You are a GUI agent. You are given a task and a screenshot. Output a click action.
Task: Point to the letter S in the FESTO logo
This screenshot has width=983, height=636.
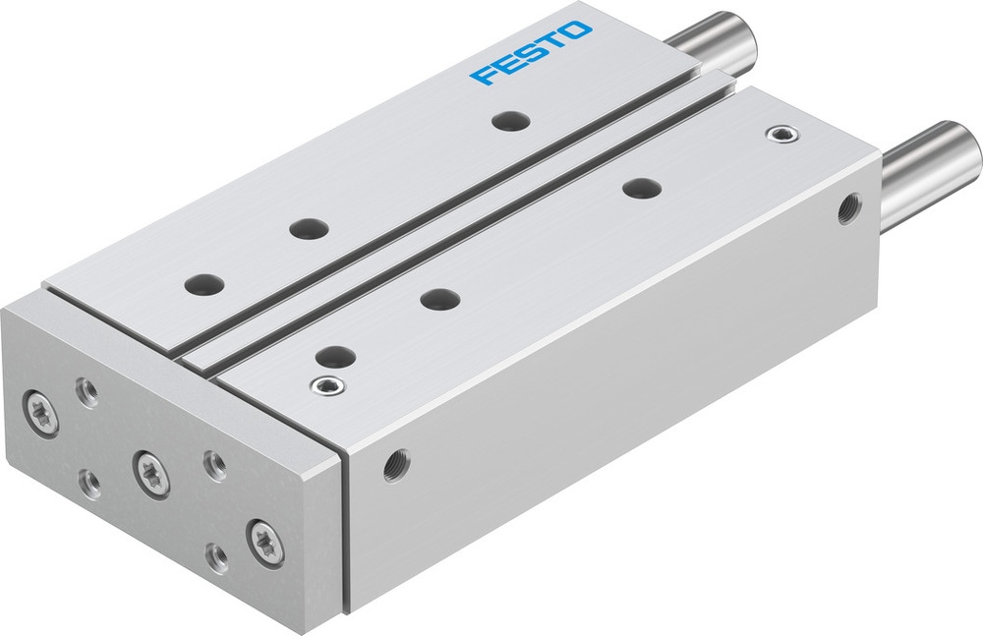click(x=531, y=53)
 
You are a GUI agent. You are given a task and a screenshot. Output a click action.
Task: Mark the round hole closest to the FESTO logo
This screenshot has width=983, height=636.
click(x=511, y=121)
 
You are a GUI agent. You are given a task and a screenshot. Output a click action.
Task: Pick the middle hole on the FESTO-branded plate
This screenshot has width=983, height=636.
click(x=309, y=228)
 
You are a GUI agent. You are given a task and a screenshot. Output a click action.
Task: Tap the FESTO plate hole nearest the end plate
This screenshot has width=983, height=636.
click(x=204, y=284)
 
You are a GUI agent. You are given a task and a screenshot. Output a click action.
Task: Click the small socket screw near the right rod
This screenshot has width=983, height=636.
click(x=781, y=133)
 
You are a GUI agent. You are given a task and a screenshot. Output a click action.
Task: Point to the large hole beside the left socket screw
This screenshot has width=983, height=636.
click(x=336, y=356)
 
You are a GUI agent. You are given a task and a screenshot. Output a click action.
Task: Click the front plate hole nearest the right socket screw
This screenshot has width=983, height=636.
click(x=641, y=186)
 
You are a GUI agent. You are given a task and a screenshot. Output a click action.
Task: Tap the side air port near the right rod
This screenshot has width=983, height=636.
click(x=846, y=207)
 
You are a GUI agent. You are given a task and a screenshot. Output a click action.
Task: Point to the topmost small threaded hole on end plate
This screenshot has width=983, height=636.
click(x=86, y=392)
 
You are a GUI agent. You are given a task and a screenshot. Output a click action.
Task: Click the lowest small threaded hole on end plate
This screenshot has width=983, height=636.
click(x=216, y=558)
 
